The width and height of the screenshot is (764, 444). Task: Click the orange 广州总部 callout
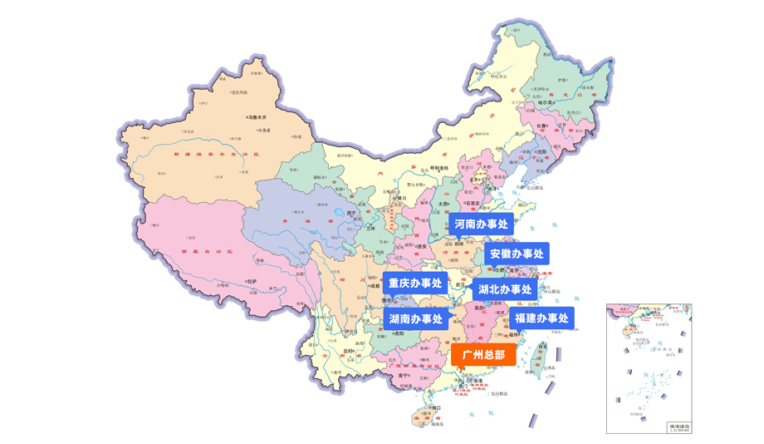click(483, 354)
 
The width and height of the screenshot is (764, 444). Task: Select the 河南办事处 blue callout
click(480, 224)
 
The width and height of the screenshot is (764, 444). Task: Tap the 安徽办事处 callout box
click(516, 254)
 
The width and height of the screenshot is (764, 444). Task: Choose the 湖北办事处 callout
click(505, 289)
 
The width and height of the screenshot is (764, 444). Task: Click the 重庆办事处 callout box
click(415, 284)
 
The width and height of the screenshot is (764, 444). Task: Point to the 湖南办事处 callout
click(415, 318)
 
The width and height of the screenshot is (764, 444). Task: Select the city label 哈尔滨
click(568, 102)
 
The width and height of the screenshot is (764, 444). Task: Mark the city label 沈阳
click(542, 152)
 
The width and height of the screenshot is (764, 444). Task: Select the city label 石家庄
click(473, 201)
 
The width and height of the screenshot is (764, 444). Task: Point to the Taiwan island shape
click(542, 357)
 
